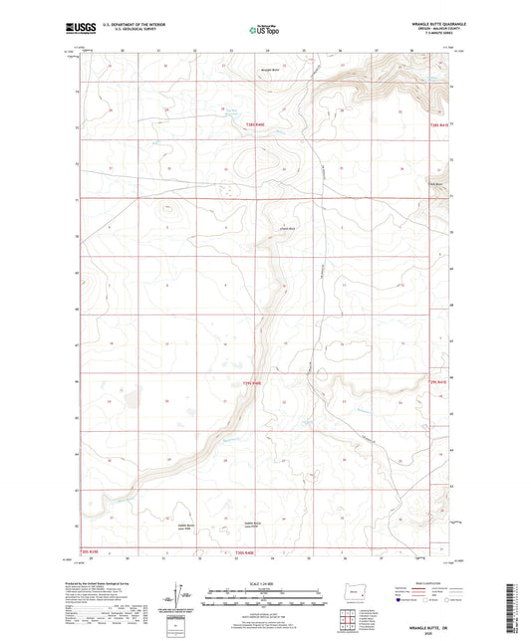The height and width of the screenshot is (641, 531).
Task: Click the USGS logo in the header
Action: coord(81,29)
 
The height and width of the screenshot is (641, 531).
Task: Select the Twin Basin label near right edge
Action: coord(435,181)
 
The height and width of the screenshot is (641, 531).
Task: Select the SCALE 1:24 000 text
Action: coord(265,582)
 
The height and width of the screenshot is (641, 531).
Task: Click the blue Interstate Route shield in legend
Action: coord(400,600)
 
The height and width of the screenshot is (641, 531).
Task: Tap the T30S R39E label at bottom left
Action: coord(90,549)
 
